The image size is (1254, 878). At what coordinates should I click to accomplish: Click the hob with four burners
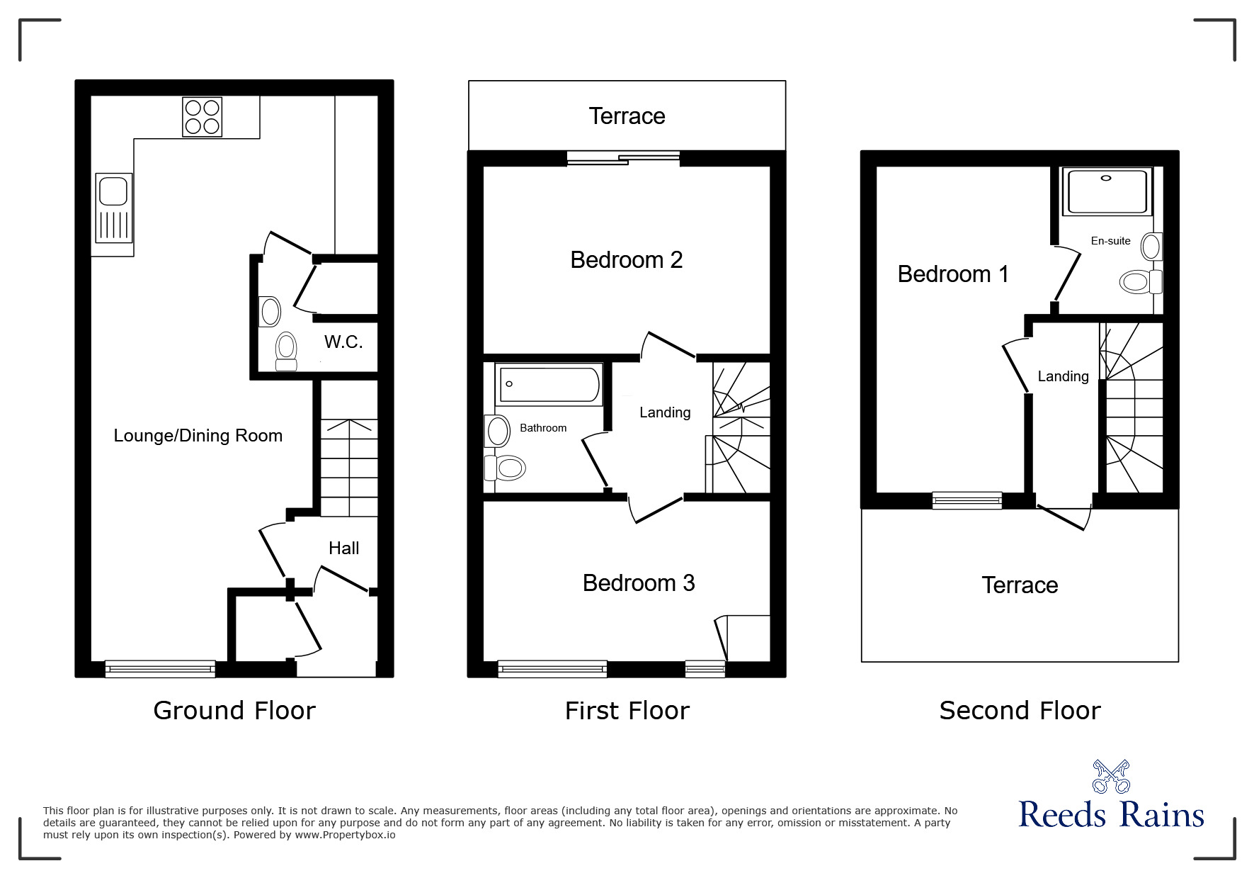click(x=202, y=117)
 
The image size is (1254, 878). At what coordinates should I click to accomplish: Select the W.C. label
click(x=343, y=342)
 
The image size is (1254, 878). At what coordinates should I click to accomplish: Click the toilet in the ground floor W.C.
click(x=286, y=351)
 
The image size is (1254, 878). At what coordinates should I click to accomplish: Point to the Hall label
click(x=344, y=548)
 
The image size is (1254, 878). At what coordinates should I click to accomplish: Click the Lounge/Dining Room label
click(x=198, y=436)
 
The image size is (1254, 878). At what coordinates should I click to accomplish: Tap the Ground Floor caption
click(x=234, y=710)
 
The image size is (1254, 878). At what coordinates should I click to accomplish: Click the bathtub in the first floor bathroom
click(x=549, y=385)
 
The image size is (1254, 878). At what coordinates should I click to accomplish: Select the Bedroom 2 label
click(x=627, y=260)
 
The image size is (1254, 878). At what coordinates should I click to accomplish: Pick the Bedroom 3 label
click(x=639, y=583)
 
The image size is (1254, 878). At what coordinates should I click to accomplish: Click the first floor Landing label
click(x=665, y=412)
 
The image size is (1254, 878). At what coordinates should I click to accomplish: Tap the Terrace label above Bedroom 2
click(x=627, y=116)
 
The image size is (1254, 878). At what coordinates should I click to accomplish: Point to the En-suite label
click(x=1111, y=241)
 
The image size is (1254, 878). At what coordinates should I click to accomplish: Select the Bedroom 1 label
click(x=953, y=274)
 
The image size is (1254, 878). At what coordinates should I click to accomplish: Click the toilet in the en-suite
click(x=1141, y=282)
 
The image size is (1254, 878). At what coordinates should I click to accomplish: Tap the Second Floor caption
click(x=1020, y=710)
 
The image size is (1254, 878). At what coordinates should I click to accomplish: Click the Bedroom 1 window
click(x=967, y=500)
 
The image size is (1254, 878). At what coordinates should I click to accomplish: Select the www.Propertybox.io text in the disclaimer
click(x=346, y=835)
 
